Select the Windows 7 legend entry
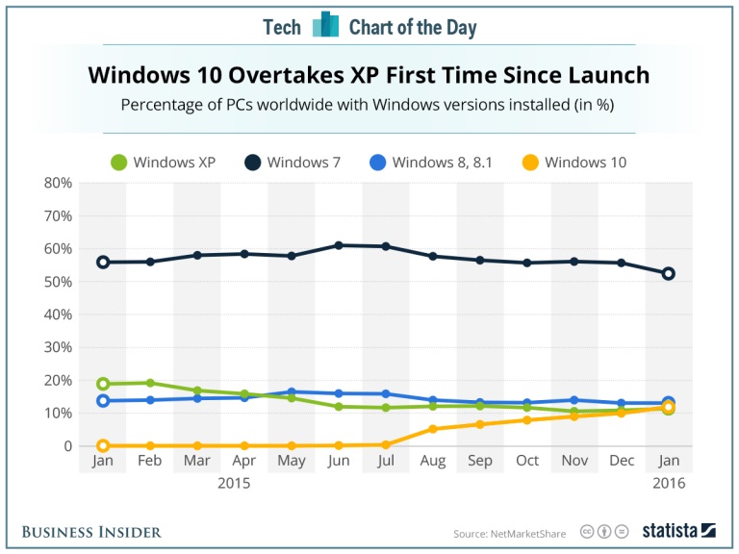coord(294,163)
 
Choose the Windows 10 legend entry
coord(573,163)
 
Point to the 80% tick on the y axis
coord(57,183)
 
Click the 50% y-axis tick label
coord(57,282)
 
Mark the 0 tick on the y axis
coord(66,446)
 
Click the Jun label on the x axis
coord(339,462)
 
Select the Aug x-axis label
coord(433,462)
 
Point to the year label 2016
coord(669,483)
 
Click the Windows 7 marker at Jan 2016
coord(669,273)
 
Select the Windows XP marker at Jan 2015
coord(103,384)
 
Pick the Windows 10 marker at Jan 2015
coord(103,445)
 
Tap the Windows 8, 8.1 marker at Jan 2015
coord(103,400)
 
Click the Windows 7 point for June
coord(339,245)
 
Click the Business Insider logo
coord(91,532)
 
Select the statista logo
coord(679,530)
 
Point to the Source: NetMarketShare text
coord(510,533)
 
